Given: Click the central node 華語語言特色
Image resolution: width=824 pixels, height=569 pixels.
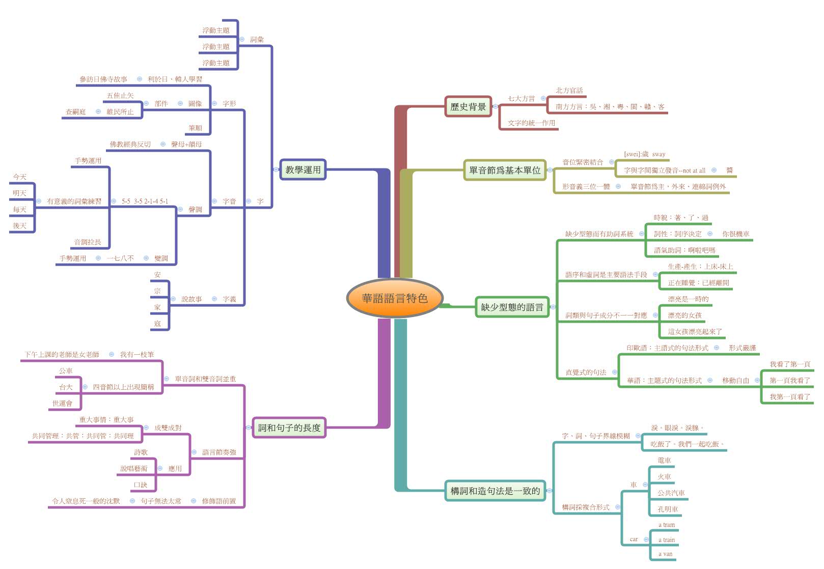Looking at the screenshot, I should tap(394, 298).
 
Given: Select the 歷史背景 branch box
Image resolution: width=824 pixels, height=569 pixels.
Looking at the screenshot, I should tap(468, 107).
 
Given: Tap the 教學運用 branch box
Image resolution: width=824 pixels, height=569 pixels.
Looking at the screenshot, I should tap(303, 170).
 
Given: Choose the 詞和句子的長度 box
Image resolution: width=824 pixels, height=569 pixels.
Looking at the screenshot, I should tap(289, 428).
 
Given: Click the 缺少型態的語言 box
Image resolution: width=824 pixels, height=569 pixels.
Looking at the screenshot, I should tap(512, 307).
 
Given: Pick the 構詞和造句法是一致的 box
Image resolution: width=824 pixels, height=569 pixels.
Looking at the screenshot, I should tap(495, 491).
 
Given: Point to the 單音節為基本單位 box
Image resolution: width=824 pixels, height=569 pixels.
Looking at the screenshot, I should tap(505, 170).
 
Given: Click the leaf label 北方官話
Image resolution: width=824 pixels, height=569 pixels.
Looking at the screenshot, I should tap(569, 91).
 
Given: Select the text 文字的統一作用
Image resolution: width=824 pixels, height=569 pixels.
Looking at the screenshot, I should tap(531, 123).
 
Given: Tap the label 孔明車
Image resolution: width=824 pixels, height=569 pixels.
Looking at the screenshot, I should tap(667, 509).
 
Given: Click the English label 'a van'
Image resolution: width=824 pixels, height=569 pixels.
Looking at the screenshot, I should tap(665, 554).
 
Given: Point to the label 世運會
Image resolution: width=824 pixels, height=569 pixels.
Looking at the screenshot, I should tap(62, 404).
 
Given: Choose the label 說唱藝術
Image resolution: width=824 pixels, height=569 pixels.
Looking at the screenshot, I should tap(133, 469).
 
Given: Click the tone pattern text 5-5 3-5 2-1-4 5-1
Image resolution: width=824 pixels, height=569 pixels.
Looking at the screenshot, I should tap(145, 202).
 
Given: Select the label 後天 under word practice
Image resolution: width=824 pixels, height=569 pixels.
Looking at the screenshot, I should tap(20, 226).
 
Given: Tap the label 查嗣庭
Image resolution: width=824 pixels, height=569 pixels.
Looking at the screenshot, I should tap(75, 112).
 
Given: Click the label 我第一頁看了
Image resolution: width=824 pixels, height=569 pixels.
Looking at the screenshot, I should tap(789, 397).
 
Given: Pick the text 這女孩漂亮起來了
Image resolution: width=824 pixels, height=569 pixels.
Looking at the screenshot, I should tap(695, 332).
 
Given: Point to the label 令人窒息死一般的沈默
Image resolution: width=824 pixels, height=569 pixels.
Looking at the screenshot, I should tap(86, 501).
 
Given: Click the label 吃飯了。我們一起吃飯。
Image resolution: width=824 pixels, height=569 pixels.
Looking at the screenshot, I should tap(687, 444).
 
